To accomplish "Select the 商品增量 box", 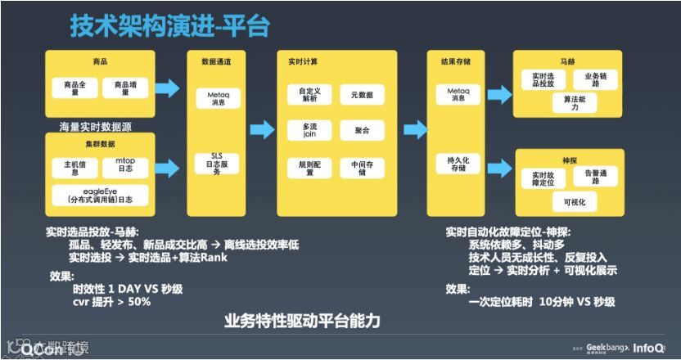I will click(x=125, y=88).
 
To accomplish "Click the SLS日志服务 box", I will click(x=217, y=164).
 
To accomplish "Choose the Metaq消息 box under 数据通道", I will click(x=217, y=99).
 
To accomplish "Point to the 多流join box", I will click(x=309, y=130).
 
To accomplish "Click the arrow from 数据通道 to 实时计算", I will click(x=262, y=129).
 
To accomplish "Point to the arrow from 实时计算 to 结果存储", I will click(x=416, y=129).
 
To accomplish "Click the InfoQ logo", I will click(x=652, y=348).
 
